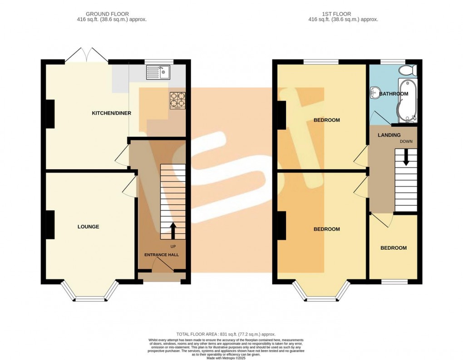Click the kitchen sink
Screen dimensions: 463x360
coord(158,72)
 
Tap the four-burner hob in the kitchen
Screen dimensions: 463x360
coord(177,100)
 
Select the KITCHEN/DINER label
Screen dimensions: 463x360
coord(112,113)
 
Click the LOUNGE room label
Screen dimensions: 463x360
coord(89,227)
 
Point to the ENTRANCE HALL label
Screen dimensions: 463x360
coord(162,255)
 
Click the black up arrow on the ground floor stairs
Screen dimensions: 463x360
coord(173,231)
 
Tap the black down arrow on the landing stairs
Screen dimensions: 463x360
coord(406,157)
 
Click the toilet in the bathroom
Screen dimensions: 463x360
coord(408,70)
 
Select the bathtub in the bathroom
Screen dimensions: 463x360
coord(408,100)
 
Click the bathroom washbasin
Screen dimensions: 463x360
coord(374,92)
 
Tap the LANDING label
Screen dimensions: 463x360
coord(389,135)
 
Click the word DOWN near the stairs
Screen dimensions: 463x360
coord(406,142)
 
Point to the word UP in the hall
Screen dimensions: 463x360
coord(173,247)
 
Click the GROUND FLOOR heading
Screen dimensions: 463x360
coord(107,14)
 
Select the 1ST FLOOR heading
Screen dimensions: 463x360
coord(337,14)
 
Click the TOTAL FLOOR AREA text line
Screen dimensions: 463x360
coord(226,334)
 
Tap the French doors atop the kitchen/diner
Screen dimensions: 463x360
coord(87,55)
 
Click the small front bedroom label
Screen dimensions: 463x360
coord(393,248)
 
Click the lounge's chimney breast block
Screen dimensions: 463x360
coord(50,224)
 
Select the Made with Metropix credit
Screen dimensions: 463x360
coord(226,358)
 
